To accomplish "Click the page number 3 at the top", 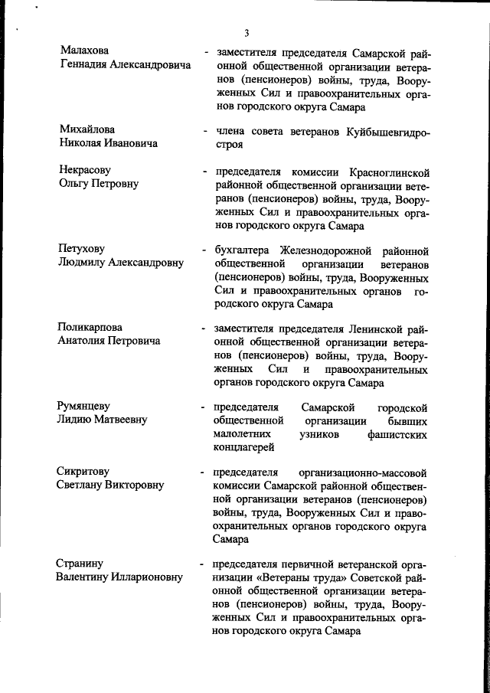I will tap(247, 32).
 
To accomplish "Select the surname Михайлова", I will tap(87, 129).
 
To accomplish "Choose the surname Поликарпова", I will tap(90, 328).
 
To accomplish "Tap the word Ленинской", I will tap(378, 329).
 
